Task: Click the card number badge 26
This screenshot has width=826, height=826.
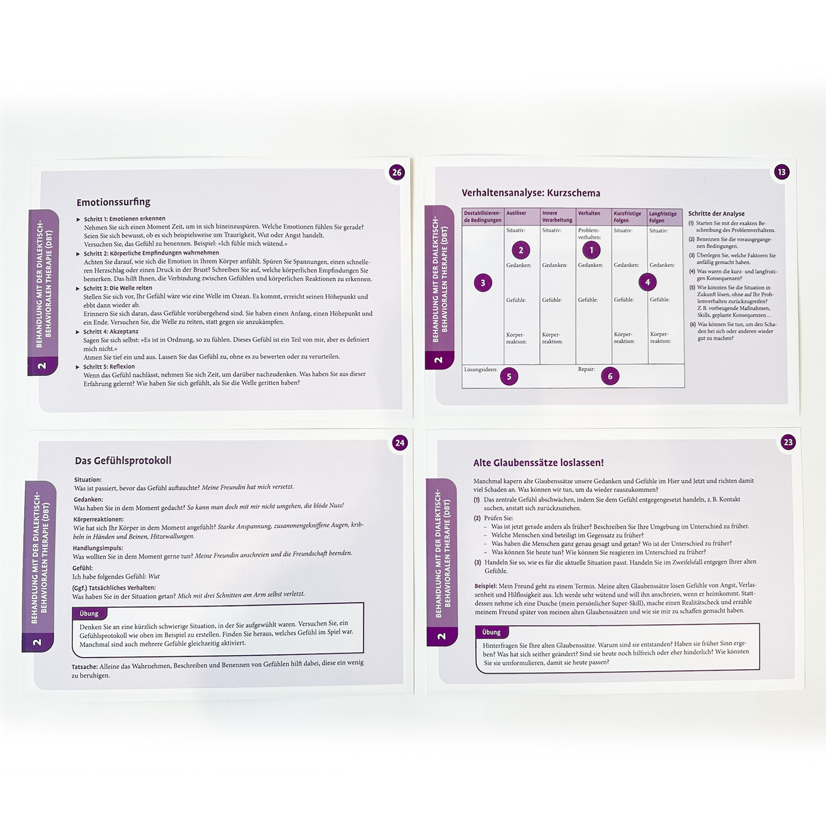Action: point(397,172)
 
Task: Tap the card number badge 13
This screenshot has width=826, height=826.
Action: point(782,172)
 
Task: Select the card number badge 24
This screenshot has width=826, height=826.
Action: point(400,442)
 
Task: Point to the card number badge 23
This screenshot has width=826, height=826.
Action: point(788,442)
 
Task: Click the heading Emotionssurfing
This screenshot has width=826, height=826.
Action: point(114,202)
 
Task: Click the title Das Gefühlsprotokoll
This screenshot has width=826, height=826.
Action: point(123,460)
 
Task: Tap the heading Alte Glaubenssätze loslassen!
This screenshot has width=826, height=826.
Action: point(538,463)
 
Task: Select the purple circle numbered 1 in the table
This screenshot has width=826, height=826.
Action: point(592,250)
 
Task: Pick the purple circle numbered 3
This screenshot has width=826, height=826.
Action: point(483,283)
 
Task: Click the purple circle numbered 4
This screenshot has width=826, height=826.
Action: point(647,282)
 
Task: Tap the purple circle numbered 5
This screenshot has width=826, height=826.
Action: point(509,376)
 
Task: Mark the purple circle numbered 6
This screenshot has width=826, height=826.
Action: point(610,376)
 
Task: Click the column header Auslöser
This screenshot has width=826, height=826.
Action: point(516,213)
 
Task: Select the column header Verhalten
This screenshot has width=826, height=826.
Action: point(589,213)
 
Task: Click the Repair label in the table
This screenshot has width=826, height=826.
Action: point(586,369)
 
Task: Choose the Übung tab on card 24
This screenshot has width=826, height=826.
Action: point(89,614)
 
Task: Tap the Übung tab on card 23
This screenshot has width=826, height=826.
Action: point(491,632)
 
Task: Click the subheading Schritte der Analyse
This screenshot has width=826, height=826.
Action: point(717,214)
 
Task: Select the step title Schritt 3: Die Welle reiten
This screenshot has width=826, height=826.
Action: point(118,288)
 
